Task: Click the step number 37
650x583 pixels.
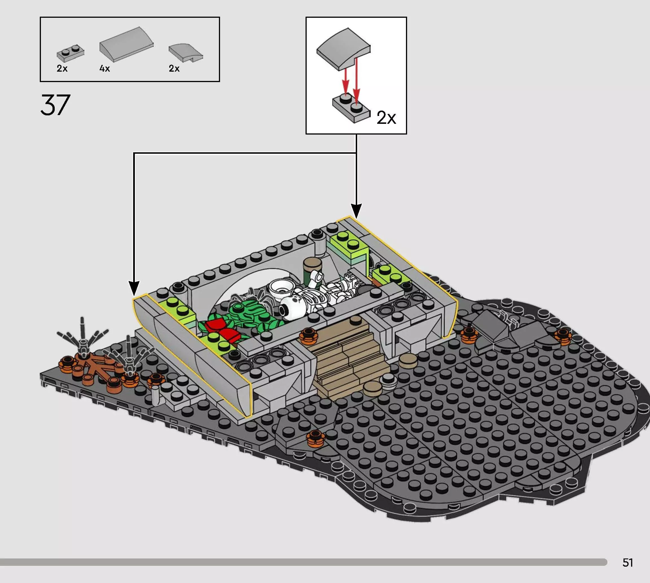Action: (x=55, y=105)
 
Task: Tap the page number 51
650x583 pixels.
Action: (x=628, y=562)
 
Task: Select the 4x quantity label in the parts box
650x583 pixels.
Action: (x=104, y=69)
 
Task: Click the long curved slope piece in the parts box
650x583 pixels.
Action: (x=126, y=44)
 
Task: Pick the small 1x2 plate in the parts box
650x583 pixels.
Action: (x=71, y=52)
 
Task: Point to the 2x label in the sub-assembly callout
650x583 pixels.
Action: (x=386, y=118)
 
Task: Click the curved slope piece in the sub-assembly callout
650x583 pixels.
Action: (x=343, y=49)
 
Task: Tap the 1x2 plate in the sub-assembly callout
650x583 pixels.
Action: (x=352, y=108)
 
